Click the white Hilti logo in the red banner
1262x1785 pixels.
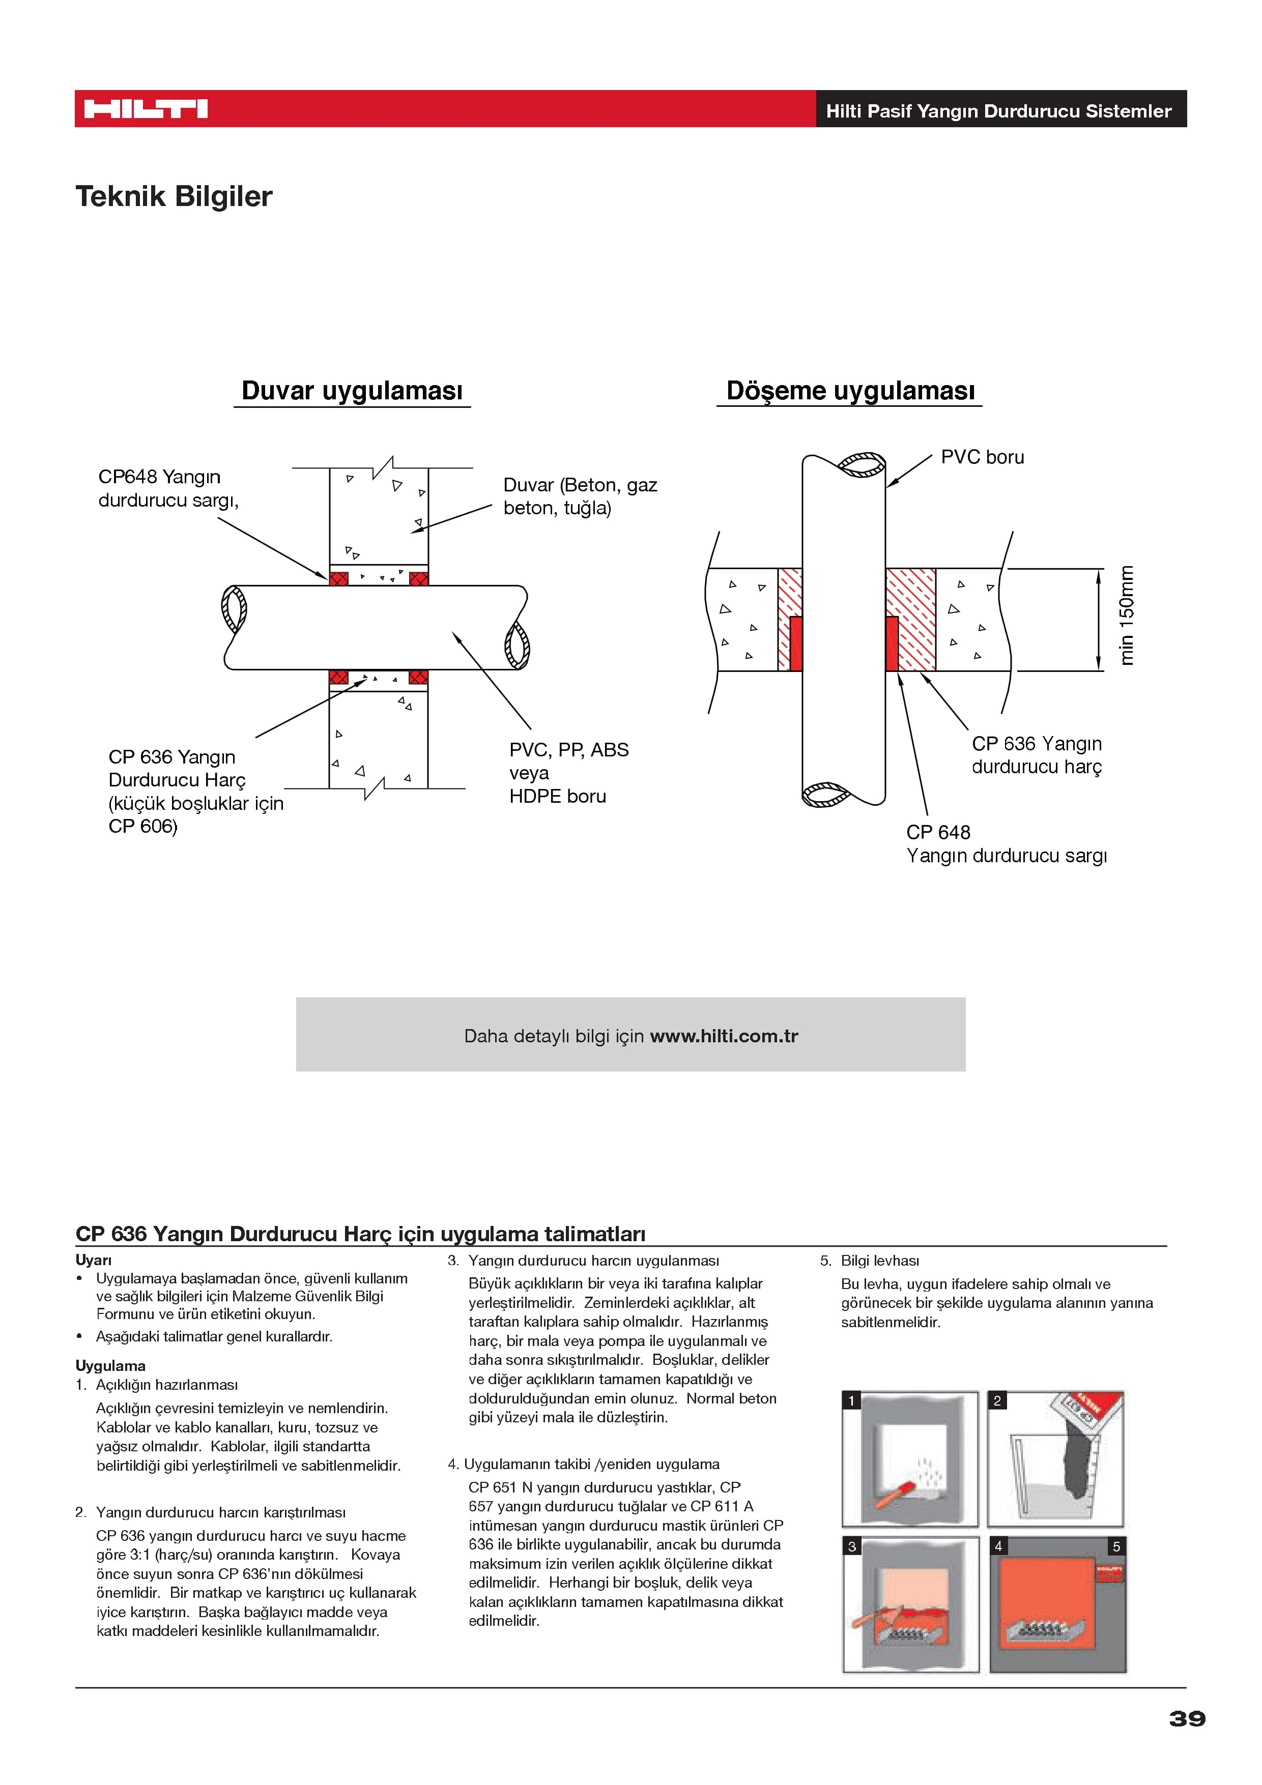146,109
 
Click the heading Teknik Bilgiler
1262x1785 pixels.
174,196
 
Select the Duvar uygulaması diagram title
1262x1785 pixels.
352,390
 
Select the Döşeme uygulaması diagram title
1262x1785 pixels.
850,390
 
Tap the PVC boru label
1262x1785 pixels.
982,457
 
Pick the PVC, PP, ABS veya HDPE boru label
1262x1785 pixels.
568,772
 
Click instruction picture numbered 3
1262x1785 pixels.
910,1604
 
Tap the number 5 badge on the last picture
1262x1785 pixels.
1116,1546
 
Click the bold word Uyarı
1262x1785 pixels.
93,1260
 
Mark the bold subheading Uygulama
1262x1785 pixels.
110,1365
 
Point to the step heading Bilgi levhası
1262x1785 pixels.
879,1260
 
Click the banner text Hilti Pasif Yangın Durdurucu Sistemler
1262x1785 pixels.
998,110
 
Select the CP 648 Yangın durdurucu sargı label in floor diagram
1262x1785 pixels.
1006,843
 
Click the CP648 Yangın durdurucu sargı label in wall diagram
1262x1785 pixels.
167,488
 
